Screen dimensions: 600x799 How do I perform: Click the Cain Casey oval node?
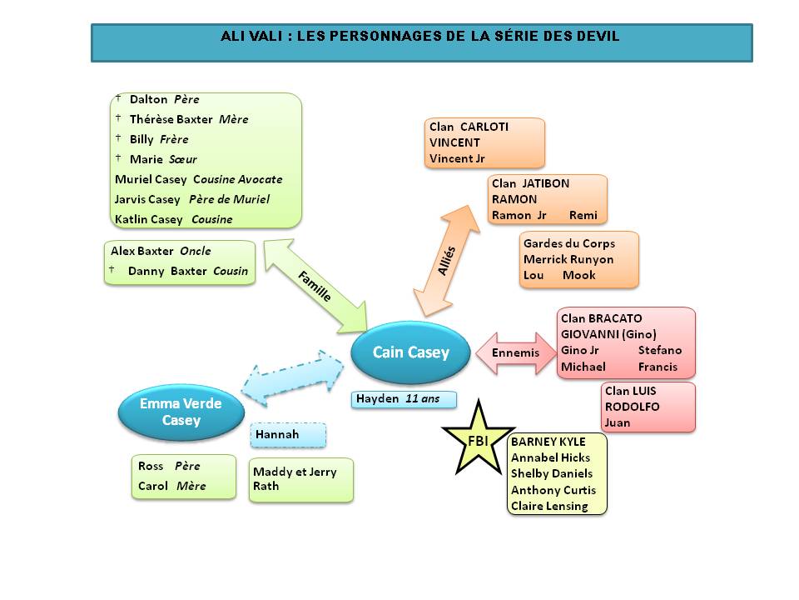(410, 352)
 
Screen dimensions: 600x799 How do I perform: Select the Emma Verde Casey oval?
(181, 412)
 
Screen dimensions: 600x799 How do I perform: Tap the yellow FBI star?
(478, 436)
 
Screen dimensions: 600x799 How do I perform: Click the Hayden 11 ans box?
(404, 399)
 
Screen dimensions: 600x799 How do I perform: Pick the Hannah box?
(288, 435)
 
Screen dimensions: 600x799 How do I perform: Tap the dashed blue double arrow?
(292, 377)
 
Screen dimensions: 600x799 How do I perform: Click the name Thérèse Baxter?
(171, 119)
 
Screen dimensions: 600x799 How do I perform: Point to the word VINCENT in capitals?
(454, 142)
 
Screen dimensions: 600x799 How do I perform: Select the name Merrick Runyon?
(568, 259)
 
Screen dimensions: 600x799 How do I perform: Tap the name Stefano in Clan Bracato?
(659, 350)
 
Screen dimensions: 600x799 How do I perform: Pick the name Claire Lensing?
(549, 506)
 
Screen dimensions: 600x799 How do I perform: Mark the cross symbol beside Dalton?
(118, 98)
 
